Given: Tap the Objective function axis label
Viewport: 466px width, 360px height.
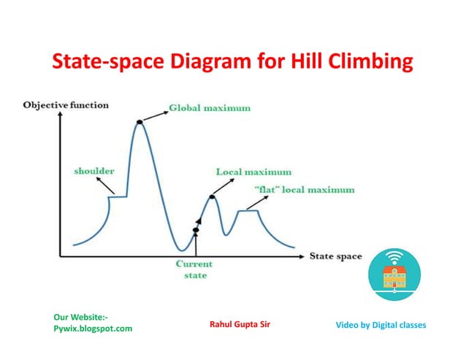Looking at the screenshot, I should click(66, 105).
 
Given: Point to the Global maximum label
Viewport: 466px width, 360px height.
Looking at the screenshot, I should click(210, 108).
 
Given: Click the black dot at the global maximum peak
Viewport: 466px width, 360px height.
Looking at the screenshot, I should click(140, 123).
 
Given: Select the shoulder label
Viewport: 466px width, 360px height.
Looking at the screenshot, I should click(94, 171).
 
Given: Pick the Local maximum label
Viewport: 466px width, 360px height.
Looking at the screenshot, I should click(253, 172).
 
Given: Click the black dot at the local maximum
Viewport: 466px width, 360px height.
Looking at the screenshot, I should click(213, 196).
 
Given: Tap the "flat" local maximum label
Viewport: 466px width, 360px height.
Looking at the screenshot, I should click(305, 190).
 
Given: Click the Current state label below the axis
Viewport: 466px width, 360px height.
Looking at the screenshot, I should click(195, 269).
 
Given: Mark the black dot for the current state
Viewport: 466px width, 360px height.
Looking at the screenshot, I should click(196, 231).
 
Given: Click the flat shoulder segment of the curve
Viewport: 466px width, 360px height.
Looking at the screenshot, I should click(118, 196).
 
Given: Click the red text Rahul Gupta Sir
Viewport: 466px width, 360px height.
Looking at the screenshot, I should click(240, 323).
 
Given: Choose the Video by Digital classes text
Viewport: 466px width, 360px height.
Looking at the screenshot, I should click(381, 323).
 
